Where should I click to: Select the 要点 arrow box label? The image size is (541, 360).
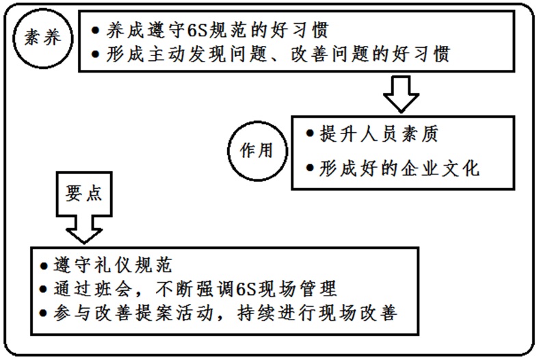click(x=84, y=193)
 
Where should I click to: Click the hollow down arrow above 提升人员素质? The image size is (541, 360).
click(x=401, y=94)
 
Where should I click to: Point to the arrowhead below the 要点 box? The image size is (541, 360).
click(x=84, y=235)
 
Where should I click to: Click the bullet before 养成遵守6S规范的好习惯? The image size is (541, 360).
click(x=96, y=30)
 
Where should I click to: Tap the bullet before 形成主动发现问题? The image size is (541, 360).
click(x=96, y=55)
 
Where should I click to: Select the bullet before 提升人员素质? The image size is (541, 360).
click(x=310, y=133)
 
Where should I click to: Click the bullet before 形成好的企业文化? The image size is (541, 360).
click(x=310, y=168)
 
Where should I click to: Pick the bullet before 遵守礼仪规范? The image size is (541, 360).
click(x=44, y=266)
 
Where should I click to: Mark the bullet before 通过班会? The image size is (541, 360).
click(x=44, y=290)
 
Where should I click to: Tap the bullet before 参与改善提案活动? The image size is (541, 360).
click(x=44, y=313)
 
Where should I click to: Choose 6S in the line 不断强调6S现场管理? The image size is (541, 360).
click(x=246, y=290)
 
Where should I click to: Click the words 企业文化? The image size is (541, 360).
click(x=440, y=168)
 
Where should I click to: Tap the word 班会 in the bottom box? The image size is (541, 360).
click(x=112, y=290)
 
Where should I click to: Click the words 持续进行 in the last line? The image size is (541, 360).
click(x=276, y=313)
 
